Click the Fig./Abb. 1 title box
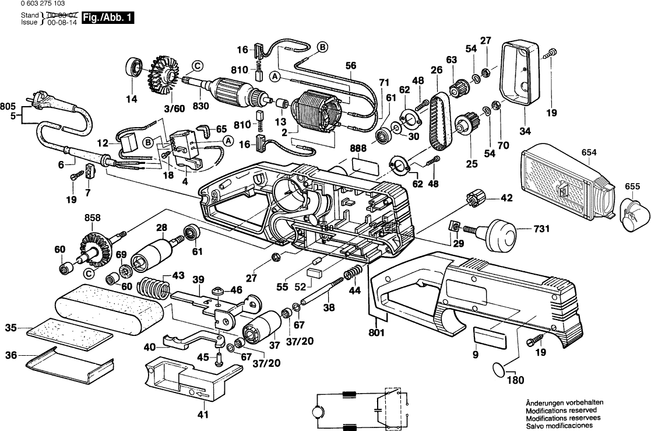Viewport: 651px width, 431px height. (108, 18)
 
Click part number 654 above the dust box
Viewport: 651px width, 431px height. (589, 152)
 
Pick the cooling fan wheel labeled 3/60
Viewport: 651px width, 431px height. (163, 76)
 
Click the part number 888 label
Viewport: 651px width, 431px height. (359, 149)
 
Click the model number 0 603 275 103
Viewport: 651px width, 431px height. (34, 3)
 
